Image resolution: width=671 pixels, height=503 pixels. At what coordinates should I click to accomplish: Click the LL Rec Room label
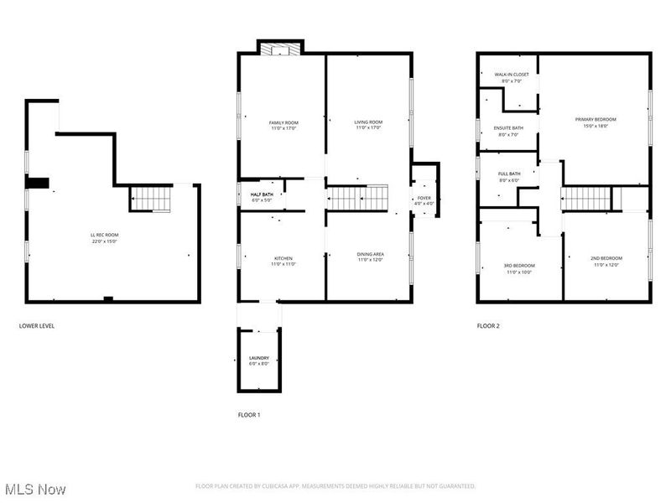click(105, 236)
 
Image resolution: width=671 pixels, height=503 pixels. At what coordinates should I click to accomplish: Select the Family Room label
click(283, 126)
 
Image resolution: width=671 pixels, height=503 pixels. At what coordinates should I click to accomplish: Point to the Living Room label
click(368, 126)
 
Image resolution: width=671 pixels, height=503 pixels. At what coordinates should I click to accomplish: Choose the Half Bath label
click(262, 197)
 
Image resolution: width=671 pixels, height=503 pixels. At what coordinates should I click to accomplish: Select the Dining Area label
click(371, 257)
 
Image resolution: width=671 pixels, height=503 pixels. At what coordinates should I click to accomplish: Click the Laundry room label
click(258, 360)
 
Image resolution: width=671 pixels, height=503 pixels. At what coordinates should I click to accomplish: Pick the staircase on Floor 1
click(359, 199)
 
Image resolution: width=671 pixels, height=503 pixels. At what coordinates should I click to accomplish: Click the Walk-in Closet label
click(511, 77)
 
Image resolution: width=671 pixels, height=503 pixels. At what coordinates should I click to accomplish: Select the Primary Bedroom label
click(596, 122)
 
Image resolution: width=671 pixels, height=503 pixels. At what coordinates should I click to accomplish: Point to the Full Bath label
click(509, 177)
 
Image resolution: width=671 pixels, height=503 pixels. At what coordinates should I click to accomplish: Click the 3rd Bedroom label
click(519, 268)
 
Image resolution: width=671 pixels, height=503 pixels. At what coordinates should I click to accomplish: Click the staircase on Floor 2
click(585, 199)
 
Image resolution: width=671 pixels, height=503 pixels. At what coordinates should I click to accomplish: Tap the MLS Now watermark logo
click(35, 488)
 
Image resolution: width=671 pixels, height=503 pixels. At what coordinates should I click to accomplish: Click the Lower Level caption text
click(37, 325)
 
